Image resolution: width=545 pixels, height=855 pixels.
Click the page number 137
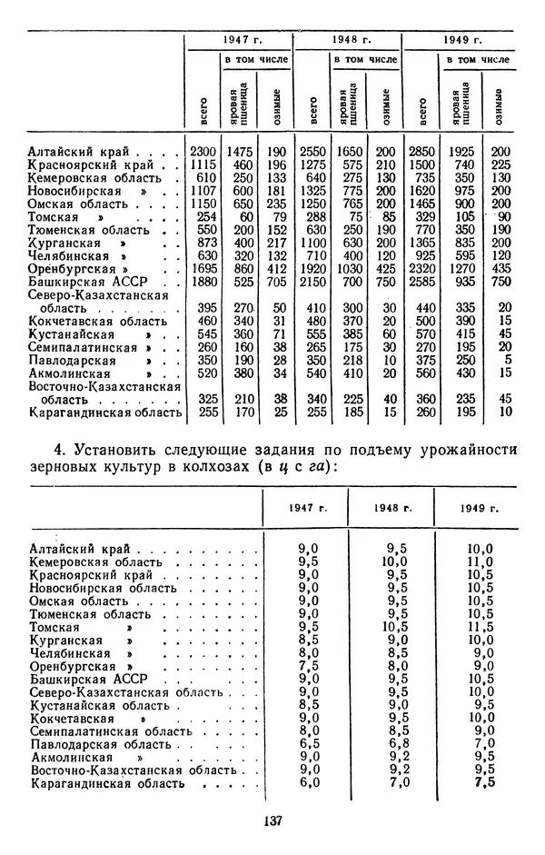point(272,820)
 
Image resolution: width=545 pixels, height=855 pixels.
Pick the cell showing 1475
point(238,151)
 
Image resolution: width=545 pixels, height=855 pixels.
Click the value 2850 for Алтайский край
point(420,151)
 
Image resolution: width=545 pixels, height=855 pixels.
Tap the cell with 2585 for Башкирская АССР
point(420,283)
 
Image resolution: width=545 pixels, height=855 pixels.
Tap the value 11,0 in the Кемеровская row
point(480,562)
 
